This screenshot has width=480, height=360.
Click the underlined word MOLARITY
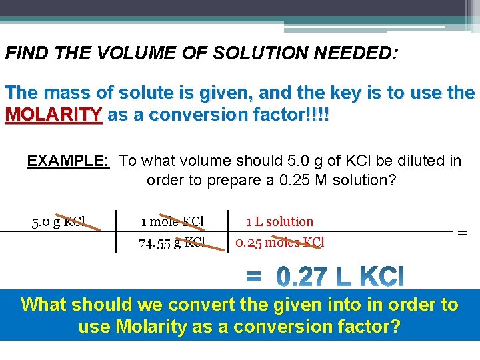pyautogui.click(x=53, y=115)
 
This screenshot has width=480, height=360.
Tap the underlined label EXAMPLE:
pyautogui.click(x=68, y=161)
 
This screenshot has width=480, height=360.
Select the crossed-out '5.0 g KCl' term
pyautogui.click(x=59, y=221)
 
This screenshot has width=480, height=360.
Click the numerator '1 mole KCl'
pyautogui.click(x=172, y=221)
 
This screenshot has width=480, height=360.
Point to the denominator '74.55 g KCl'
pyautogui.click(x=171, y=243)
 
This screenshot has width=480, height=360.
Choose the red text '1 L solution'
pyautogui.click(x=279, y=221)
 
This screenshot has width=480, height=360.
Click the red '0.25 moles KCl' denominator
pyautogui.click(x=280, y=243)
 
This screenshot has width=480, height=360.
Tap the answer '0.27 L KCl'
pyautogui.click(x=339, y=276)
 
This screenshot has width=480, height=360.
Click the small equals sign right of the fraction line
pyautogui.click(x=461, y=233)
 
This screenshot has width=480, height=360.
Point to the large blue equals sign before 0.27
pyautogui.click(x=254, y=275)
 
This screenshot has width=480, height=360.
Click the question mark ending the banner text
pyautogui.click(x=395, y=327)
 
